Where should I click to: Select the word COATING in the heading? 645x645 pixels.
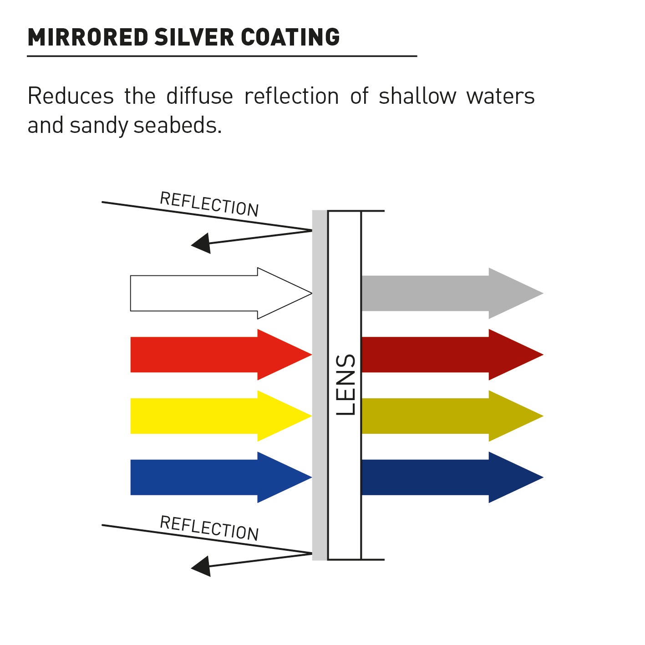(290, 37)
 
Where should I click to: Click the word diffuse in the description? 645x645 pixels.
(199, 96)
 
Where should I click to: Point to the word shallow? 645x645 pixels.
(417, 96)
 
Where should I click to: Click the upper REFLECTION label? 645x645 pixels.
(209, 204)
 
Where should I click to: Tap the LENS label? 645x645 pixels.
(345, 385)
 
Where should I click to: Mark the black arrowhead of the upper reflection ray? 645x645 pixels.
(202, 243)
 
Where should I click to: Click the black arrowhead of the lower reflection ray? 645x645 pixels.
(202, 566)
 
